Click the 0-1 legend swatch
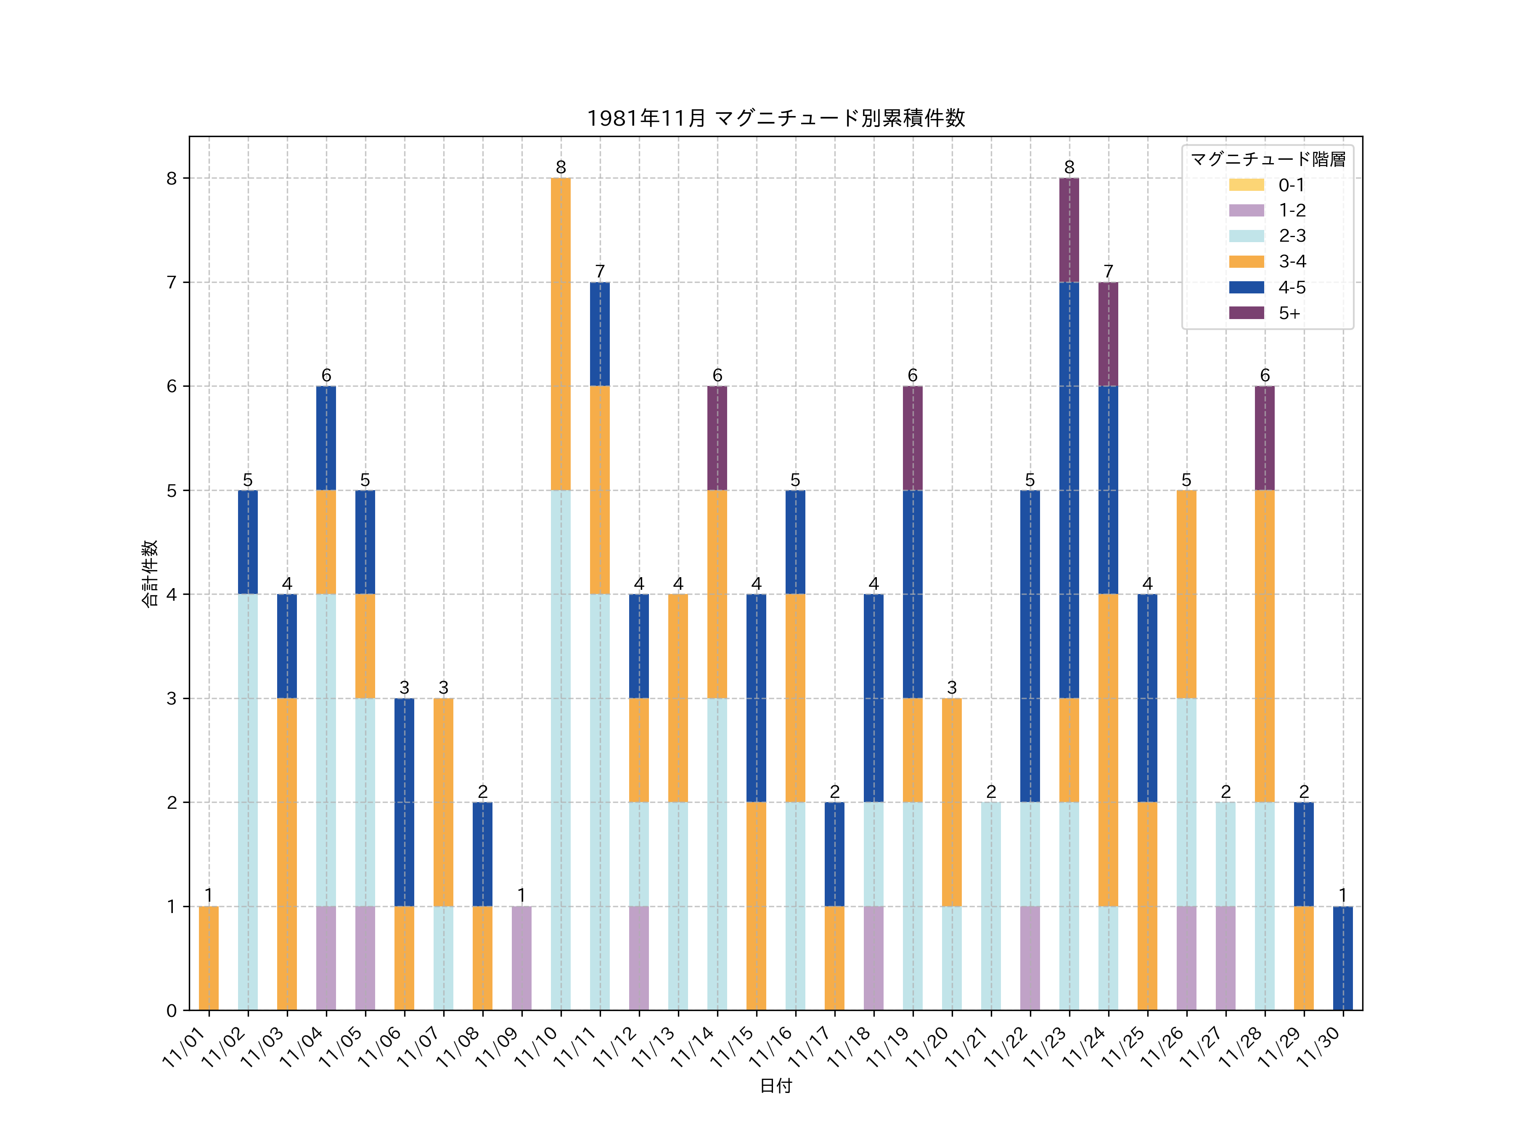[1247, 185]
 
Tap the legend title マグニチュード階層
[1268, 159]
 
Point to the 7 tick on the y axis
[172, 282]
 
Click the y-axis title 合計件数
[150, 573]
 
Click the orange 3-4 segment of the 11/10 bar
[561, 334]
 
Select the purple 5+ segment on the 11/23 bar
[1069, 230]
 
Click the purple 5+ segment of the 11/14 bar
[717, 438]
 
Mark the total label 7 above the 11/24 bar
[1108, 272]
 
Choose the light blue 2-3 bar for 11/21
[991, 906]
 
